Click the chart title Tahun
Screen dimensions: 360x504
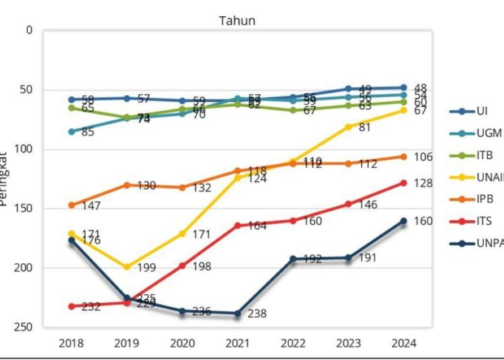pyautogui.click(x=237, y=21)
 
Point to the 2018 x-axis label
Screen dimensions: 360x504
pyautogui.click(x=71, y=343)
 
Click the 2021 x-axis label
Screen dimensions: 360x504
pyautogui.click(x=237, y=343)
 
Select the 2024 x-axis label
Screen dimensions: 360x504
pyautogui.click(x=403, y=343)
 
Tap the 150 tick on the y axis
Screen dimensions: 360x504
pyautogui.click(x=24, y=208)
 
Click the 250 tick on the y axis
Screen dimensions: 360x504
pyautogui.click(x=24, y=327)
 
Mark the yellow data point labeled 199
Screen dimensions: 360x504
pyautogui.click(x=127, y=267)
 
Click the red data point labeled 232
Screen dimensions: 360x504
pyautogui.click(x=71, y=306)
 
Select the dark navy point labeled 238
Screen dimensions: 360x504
pyautogui.click(x=237, y=313)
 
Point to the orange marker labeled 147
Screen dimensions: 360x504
pyautogui.click(x=71, y=205)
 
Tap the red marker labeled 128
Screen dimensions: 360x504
pyautogui.click(x=403, y=183)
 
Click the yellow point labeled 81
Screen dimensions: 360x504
pyautogui.click(x=348, y=126)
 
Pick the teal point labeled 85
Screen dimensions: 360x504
pyautogui.click(x=71, y=132)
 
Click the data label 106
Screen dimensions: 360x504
pyautogui.click(x=423, y=157)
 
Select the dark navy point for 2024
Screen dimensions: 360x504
pyautogui.click(x=403, y=221)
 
